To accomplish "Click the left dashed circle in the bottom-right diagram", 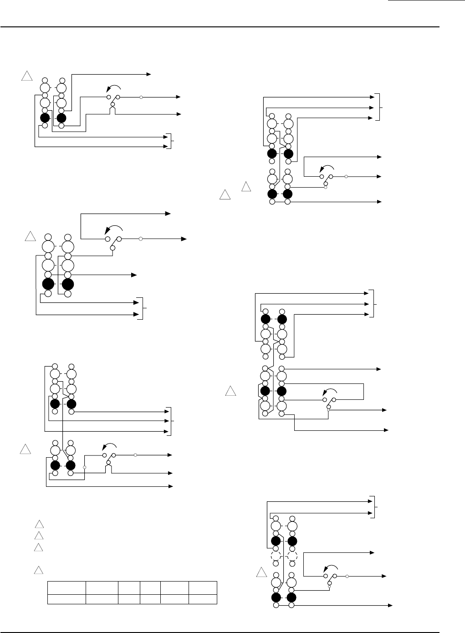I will coord(276,556).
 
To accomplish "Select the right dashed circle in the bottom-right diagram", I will coord(292,556).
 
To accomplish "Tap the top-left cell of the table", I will coord(67,586).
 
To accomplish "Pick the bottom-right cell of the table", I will coord(203,596).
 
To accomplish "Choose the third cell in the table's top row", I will coord(128,586).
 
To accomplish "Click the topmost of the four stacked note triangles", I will coord(39,524).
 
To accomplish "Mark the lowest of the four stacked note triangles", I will coord(39,570).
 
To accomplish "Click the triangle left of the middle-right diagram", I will coord(231,391).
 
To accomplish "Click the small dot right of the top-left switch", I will coord(141,97).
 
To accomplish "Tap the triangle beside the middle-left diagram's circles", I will coord(30,236).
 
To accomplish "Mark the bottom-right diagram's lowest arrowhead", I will coord(390,606).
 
